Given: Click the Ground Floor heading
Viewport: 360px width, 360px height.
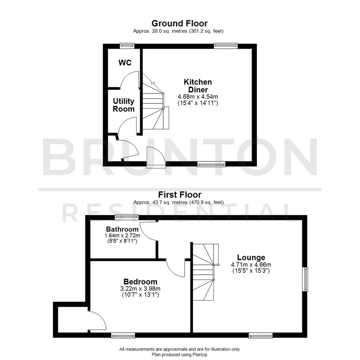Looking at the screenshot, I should [180, 23].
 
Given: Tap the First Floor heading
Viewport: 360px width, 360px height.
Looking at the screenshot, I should [180, 195].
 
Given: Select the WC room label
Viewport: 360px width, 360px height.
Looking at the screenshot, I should [125, 63].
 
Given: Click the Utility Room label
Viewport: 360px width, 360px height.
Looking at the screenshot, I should [124, 105].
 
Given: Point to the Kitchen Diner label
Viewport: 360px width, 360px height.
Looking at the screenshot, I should [198, 86].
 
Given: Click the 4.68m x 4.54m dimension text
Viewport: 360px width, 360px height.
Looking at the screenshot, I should [198, 97].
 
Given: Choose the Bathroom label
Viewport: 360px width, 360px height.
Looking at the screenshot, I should [122, 229].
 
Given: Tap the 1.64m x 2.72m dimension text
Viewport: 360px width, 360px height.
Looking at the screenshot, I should [122, 235].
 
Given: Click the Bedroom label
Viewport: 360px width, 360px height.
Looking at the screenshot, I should [140, 282].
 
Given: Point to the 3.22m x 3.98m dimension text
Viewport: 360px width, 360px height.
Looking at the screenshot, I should [140, 289].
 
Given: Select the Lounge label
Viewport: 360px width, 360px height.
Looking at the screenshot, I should [251, 257].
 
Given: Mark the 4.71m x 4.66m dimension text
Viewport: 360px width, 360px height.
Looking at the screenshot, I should [251, 265].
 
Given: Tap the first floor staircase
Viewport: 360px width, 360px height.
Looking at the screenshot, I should [204, 272].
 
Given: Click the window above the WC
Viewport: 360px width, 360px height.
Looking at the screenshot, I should [127, 46].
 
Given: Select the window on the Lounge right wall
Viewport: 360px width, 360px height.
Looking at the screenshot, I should [305, 279].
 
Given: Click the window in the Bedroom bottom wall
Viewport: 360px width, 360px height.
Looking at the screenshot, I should [123, 335].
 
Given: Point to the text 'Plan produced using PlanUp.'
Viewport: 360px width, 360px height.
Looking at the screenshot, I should [180, 355].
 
